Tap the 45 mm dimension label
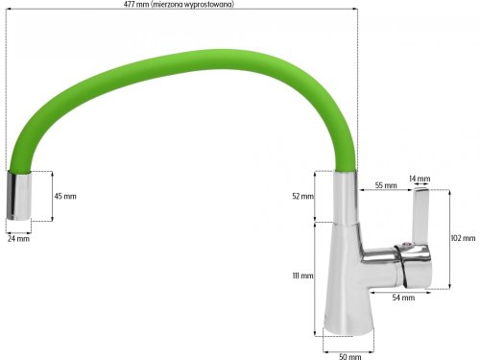[64, 196]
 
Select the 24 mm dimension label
[18, 238]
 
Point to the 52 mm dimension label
[301, 196]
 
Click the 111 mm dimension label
[301, 276]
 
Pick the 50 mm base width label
[350, 355]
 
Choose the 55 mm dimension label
[385, 184]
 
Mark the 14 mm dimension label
[420, 179]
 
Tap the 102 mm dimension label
[462, 238]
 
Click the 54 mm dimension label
[402, 298]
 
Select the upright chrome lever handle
[420, 215]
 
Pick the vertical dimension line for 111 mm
[318, 278]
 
